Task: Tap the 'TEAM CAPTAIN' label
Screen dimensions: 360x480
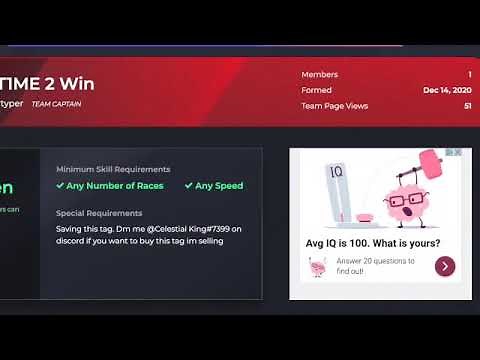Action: (x=56, y=104)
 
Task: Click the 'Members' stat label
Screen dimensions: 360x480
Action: (x=319, y=74)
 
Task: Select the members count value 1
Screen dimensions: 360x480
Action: (x=469, y=74)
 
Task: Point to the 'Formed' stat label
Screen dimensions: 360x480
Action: (x=316, y=90)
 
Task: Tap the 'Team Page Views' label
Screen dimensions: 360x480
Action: (x=335, y=106)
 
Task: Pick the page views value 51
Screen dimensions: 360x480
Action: (x=467, y=106)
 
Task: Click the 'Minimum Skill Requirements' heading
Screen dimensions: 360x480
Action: (x=113, y=169)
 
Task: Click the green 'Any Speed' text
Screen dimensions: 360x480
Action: (x=219, y=185)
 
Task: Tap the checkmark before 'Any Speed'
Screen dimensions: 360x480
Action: (x=188, y=185)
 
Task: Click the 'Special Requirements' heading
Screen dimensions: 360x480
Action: (x=99, y=213)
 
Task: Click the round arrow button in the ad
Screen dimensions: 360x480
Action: (x=445, y=266)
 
